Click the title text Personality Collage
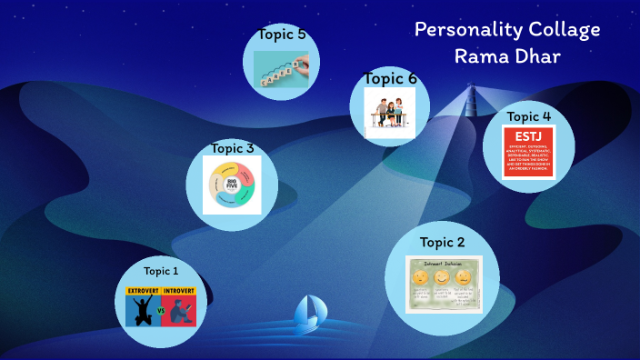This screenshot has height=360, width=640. (x=507, y=29)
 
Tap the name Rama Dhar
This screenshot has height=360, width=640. (x=507, y=56)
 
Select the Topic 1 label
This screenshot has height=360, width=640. (x=162, y=271)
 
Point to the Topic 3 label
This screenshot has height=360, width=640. (x=233, y=147)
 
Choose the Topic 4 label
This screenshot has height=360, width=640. (x=529, y=116)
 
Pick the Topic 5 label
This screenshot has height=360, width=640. (x=281, y=35)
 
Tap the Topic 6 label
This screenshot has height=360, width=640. (x=390, y=78)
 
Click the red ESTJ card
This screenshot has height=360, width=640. (x=529, y=152)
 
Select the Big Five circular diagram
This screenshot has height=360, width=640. (x=232, y=185)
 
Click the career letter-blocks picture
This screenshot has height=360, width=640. (x=282, y=65)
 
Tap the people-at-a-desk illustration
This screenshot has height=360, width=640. (x=390, y=113)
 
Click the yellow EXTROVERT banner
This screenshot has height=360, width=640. (x=143, y=291)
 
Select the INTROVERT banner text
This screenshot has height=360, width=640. (x=179, y=291)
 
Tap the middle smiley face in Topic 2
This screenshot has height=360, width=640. (x=442, y=276)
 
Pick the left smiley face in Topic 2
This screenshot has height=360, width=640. (x=420, y=276)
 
